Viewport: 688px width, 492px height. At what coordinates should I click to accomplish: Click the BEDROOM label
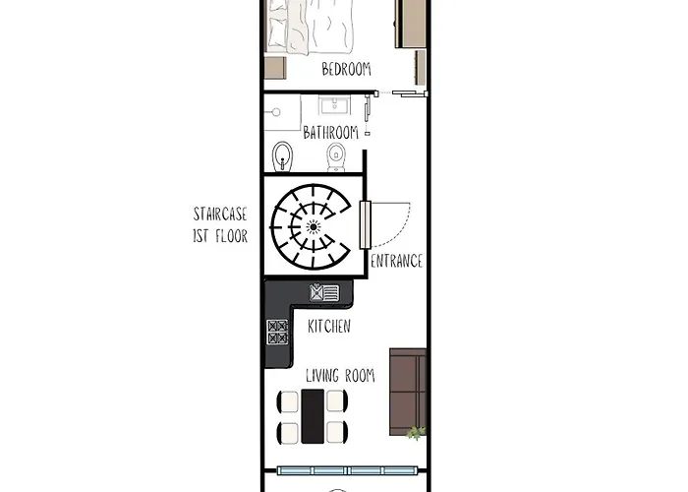point(346,69)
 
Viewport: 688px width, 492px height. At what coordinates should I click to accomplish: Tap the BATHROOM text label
point(331,132)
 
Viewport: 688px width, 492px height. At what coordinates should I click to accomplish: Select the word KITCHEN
point(329,326)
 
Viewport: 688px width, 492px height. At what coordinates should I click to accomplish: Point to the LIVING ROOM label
point(340,376)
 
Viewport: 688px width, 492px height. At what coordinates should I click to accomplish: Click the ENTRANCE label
point(397,261)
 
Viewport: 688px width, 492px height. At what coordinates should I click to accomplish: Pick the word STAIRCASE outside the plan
point(220,215)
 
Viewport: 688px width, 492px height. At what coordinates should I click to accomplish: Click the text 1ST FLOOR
point(220,236)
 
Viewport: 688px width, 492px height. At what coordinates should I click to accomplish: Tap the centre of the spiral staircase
point(313,226)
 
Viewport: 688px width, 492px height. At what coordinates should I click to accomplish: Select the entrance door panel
point(365,225)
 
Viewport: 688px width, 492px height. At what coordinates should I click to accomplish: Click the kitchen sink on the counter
point(324,292)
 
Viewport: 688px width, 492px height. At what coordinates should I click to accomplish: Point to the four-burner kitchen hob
point(278,333)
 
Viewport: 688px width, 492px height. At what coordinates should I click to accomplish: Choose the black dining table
point(313,416)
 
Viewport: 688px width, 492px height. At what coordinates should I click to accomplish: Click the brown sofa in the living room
point(408,392)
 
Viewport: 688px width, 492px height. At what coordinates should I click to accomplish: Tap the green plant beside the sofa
point(416,433)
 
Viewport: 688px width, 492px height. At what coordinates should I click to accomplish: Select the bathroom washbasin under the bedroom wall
point(334,106)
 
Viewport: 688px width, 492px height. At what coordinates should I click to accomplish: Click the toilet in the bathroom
point(336,157)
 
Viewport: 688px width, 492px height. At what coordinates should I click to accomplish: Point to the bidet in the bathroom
point(282,156)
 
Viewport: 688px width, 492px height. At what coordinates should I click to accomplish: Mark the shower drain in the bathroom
point(276,112)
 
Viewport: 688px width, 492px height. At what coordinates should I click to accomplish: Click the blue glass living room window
point(346,471)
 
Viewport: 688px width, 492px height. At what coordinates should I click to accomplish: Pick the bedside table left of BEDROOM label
point(275,68)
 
